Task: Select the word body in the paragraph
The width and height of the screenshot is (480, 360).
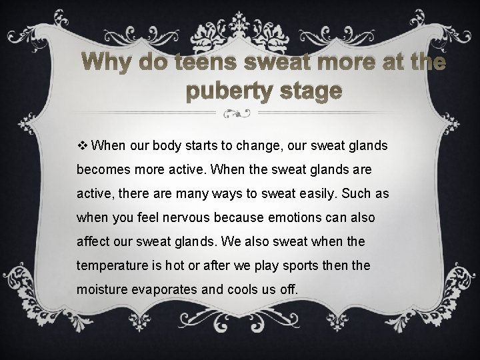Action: point(155,146)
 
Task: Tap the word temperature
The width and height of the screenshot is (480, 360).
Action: point(110,266)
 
